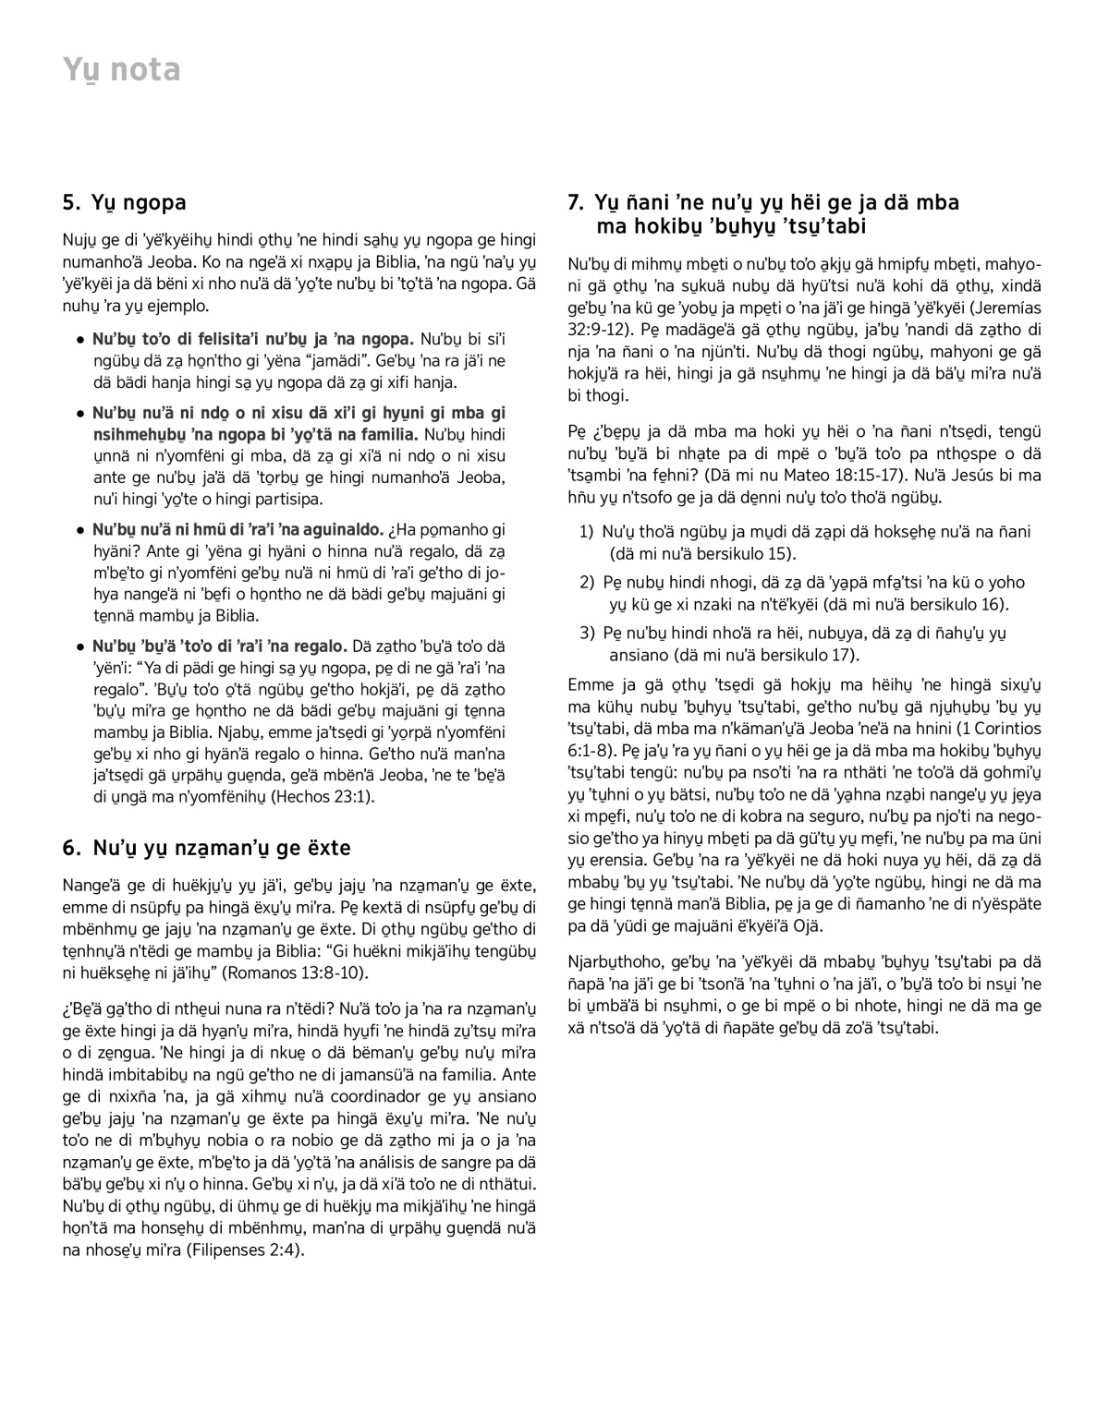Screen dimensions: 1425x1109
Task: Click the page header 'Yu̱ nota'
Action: [x=121, y=70]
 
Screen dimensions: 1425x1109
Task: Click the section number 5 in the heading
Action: [x=69, y=202]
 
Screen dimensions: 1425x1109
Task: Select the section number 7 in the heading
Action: [x=575, y=202]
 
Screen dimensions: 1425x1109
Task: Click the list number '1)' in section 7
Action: [x=586, y=532]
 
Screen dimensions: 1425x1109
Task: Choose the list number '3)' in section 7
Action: [x=586, y=633]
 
